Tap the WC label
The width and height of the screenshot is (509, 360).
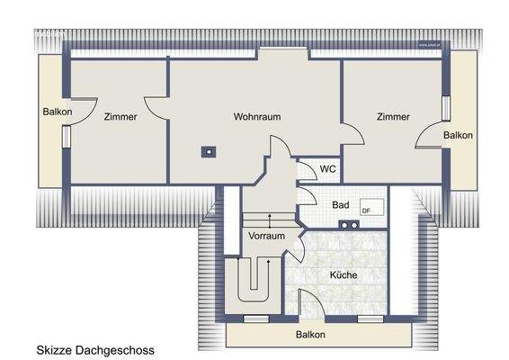328,168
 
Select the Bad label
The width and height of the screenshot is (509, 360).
340,205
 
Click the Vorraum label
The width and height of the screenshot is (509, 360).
267,236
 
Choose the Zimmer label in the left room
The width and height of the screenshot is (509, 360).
121,117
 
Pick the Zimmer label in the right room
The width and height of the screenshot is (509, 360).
393,117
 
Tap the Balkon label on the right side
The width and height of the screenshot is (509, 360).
458,135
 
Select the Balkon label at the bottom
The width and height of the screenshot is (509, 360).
310,335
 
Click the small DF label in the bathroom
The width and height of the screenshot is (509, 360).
366,211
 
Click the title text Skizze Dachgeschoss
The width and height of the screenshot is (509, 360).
95,348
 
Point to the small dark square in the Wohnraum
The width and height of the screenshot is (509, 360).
209,151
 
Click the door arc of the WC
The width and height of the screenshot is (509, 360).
308,173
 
